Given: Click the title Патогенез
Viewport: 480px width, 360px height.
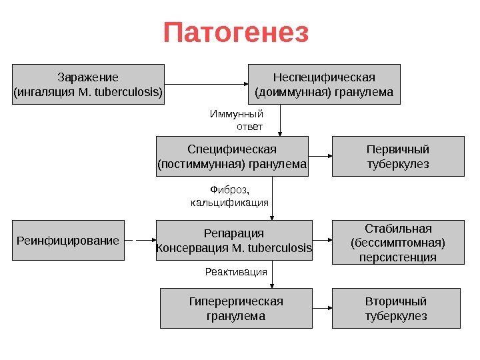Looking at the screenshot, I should click(236, 33).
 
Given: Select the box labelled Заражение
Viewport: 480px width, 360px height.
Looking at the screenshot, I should click(89, 84).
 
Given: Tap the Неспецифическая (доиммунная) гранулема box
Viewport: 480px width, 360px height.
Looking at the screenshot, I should click(324, 84).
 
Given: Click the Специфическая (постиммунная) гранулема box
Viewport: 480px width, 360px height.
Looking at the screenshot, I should click(232, 156).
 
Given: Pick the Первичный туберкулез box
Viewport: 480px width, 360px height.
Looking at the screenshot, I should click(398, 156).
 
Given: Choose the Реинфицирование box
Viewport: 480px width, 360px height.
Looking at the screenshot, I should click(68, 240).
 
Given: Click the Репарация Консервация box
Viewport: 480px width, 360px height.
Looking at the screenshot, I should click(233, 241).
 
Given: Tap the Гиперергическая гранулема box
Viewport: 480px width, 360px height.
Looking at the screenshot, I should click(236, 308).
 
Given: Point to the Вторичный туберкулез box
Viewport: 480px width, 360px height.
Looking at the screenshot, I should click(396, 308).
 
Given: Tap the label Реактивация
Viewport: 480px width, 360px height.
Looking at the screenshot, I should click(235, 272).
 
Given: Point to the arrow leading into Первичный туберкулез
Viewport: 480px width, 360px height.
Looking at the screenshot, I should click(321, 156).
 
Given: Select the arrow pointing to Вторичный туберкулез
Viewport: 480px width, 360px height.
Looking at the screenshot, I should click(322, 309).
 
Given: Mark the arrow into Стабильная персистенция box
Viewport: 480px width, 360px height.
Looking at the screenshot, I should click(322, 241).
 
